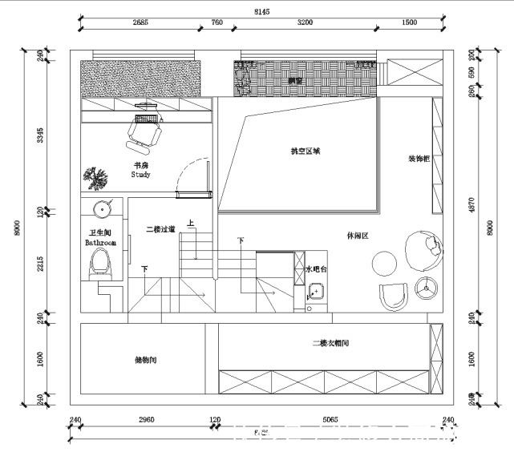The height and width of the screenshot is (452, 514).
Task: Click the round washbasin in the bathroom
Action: (x=102, y=211)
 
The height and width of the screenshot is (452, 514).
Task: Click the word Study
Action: (x=141, y=174)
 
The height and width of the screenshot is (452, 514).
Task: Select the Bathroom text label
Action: (x=101, y=242)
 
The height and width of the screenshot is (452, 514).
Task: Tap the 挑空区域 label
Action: (x=306, y=151)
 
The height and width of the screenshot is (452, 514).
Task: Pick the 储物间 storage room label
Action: (x=146, y=360)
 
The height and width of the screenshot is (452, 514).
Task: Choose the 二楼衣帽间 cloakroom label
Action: (x=330, y=343)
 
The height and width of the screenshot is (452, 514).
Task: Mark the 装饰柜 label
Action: (x=419, y=159)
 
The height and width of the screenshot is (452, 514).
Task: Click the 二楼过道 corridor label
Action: (x=160, y=229)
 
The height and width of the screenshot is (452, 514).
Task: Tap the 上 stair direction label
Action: (x=190, y=224)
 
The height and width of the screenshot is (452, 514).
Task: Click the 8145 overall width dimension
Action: (x=261, y=11)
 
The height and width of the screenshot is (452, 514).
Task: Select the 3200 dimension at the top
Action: (x=305, y=22)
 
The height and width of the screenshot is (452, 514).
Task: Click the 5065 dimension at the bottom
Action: (x=330, y=418)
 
